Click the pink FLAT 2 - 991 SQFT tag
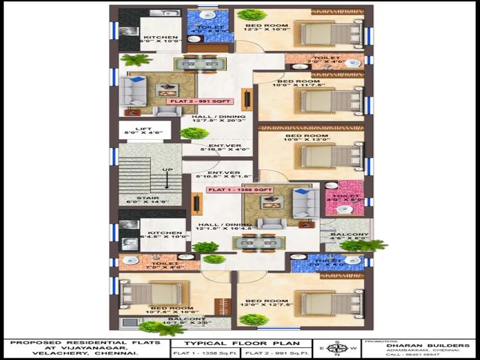click(x=191, y=101)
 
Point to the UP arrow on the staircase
click(x=167, y=176)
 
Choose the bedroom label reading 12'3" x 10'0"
click(x=267, y=26)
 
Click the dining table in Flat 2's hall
click(x=193, y=64)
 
